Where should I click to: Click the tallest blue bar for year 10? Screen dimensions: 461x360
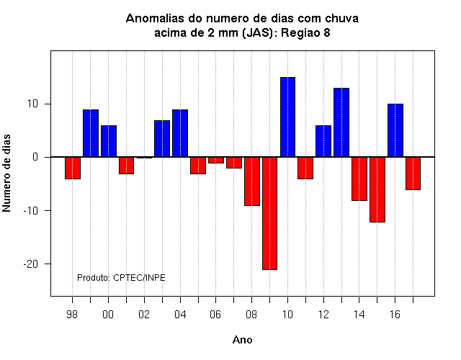point(287,117)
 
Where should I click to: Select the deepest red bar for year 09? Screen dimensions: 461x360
point(269,213)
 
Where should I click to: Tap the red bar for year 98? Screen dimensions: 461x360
point(73,168)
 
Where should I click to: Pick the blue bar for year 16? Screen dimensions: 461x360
point(395,130)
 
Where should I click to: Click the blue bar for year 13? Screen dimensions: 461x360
point(341,122)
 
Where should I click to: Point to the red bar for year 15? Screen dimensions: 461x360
point(377,189)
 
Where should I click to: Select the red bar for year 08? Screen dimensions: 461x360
point(252,181)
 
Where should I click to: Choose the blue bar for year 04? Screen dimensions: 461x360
point(180,133)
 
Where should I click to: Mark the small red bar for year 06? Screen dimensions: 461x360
point(216,160)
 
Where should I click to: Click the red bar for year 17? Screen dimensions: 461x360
point(413,174)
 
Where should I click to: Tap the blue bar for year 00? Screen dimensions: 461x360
point(109,141)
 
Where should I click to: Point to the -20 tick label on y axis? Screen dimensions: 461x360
point(31,264)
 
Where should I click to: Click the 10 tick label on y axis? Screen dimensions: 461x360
point(32,104)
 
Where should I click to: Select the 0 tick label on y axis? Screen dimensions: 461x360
point(35,157)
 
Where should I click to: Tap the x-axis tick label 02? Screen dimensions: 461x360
point(144,315)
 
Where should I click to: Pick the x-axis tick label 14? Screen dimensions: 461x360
point(359,315)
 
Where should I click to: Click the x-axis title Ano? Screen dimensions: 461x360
point(242,340)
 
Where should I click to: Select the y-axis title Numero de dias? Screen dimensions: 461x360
point(6,173)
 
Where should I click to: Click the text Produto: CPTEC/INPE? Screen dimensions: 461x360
point(121,278)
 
